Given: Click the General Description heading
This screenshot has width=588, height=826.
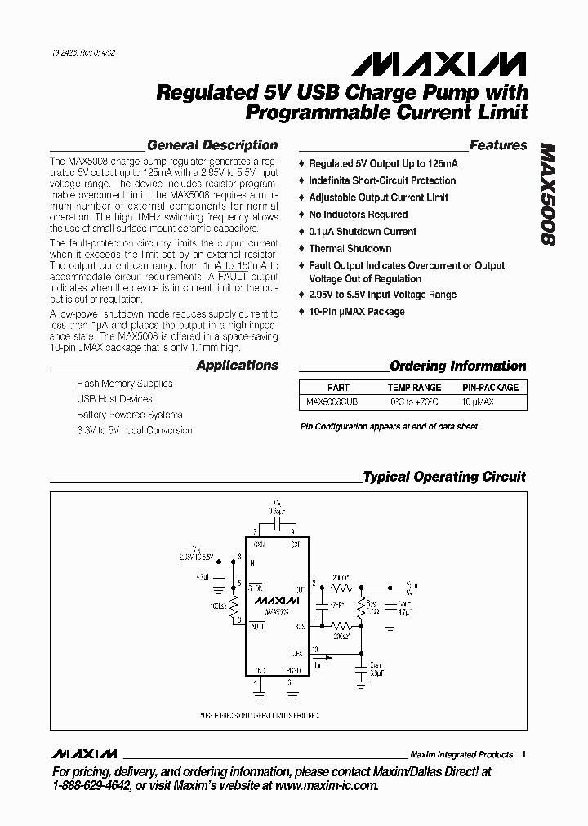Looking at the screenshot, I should [212, 145].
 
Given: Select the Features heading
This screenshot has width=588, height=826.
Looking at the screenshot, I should [498, 145].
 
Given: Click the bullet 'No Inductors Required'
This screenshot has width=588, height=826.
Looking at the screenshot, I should [358, 215].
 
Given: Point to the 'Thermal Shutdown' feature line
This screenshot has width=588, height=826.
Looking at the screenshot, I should [350, 249].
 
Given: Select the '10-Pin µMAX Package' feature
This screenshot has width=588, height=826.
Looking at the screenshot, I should [356, 312].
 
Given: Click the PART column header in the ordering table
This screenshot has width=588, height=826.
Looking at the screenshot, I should [338, 388].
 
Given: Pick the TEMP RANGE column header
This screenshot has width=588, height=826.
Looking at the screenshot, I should [414, 388].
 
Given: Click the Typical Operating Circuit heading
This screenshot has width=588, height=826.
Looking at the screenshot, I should [444, 477].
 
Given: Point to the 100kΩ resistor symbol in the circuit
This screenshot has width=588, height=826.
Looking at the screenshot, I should [234, 606].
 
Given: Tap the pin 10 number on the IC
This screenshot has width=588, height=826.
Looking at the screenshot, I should [315, 649].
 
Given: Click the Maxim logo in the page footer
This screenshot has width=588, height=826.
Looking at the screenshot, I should [84, 753].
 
